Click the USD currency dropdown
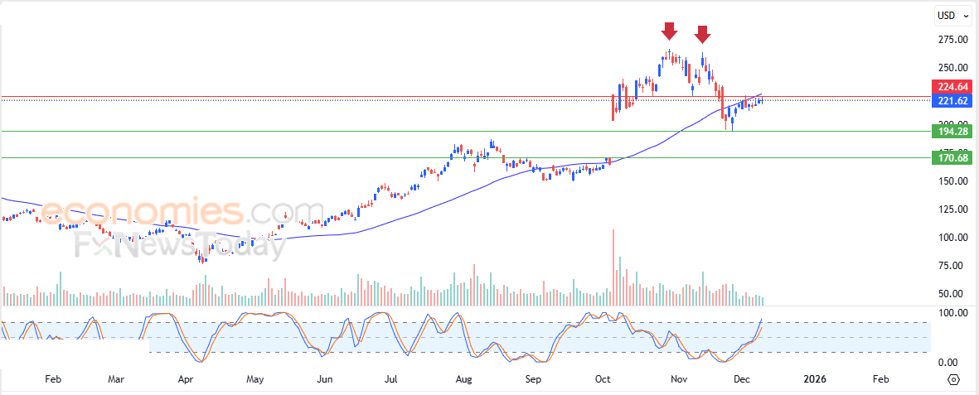click(949, 15)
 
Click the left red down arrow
click(669, 31)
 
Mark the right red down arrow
click(702, 34)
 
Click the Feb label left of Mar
click(53, 379)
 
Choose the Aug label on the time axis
click(463, 379)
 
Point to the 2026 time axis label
click(816, 379)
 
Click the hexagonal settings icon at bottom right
click(953, 379)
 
